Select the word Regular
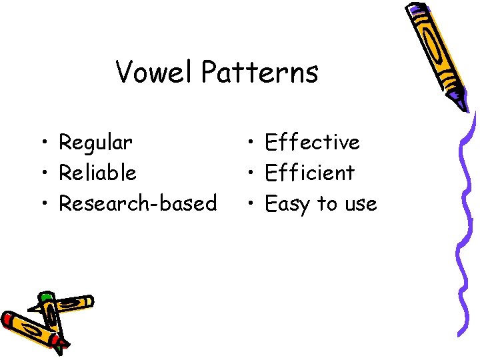point(95,142)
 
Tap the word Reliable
point(97,173)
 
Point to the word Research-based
point(137,203)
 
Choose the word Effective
point(312,142)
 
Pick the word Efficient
point(309,173)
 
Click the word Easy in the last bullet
point(287,204)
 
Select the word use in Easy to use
point(361,204)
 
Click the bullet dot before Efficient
point(249,173)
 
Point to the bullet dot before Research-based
point(43,204)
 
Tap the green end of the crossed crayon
point(45,296)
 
